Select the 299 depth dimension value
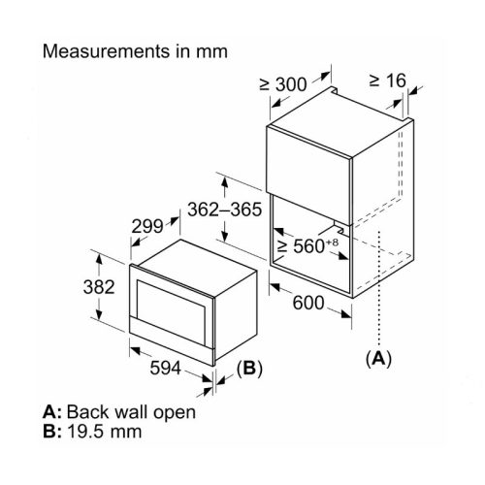(148, 227)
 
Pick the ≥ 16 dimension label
(391, 81)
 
